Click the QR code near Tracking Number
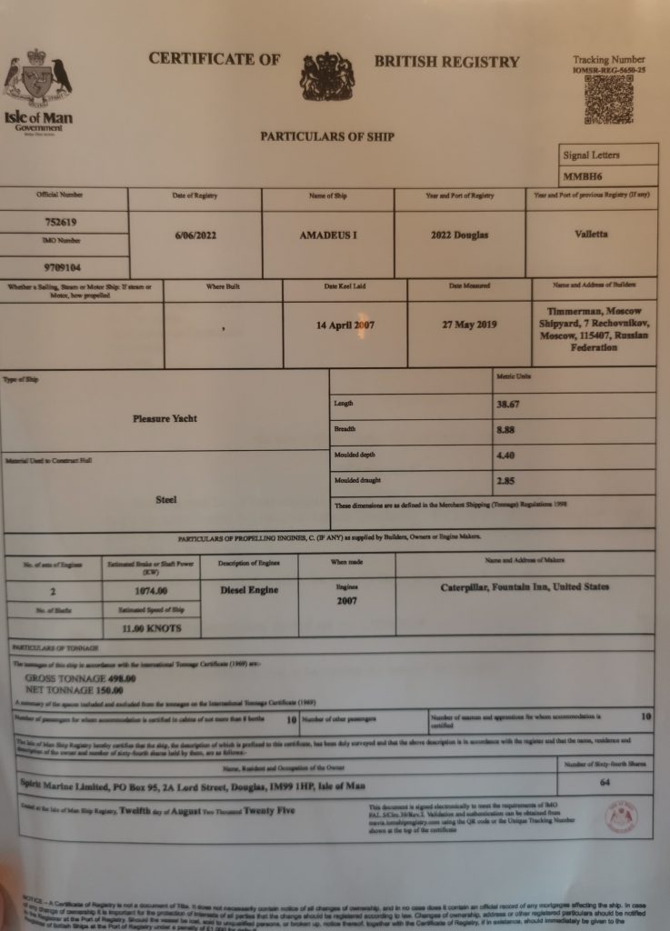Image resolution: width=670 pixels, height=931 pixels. pyautogui.click(x=608, y=99)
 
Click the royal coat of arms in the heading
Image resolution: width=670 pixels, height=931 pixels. pyautogui.click(x=327, y=77)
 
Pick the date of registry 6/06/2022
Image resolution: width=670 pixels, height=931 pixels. pyautogui.click(x=195, y=235)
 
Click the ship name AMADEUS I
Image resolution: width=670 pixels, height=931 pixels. pyautogui.click(x=328, y=235)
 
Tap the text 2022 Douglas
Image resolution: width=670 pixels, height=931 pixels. pyautogui.click(x=459, y=235)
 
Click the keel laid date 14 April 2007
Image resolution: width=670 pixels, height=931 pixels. pyautogui.click(x=345, y=325)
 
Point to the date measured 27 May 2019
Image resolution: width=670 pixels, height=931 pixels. pyautogui.click(x=469, y=325)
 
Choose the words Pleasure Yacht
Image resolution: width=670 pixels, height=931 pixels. pyautogui.click(x=165, y=419)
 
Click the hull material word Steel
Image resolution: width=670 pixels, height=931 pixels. pyautogui.click(x=165, y=499)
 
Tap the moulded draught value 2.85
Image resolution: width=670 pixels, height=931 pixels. pyautogui.click(x=508, y=480)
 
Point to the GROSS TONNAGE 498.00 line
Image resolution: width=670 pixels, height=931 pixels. pyautogui.click(x=81, y=678)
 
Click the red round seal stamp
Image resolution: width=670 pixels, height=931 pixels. pyautogui.click(x=621, y=817)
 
